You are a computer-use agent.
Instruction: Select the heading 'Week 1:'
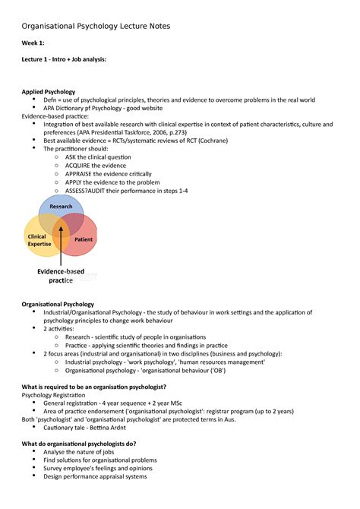coord(34,43)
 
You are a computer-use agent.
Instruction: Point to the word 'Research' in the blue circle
coord(61,207)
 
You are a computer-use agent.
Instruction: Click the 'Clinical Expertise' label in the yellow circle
coord(39,240)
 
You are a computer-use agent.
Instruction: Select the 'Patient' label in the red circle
coord(84,239)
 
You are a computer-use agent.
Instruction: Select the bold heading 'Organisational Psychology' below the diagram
coord(58,304)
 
